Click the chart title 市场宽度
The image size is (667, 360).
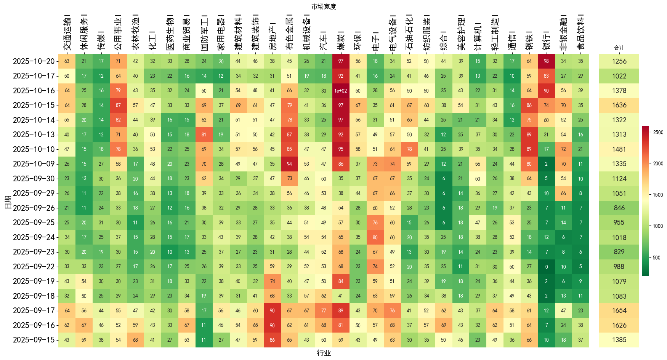coord(324,6)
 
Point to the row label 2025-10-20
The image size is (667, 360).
coord(34,61)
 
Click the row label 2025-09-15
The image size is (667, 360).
coord(34,340)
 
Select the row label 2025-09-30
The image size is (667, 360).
coord(34,179)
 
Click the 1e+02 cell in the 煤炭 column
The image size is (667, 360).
coord(341,91)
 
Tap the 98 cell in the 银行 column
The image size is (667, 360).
coord(546,61)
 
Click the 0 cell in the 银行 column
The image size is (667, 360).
coord(546,267)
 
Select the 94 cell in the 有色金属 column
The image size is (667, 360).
coord(289,164)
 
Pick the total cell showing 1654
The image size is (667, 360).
coord(619,310)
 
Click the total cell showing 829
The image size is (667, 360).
coord(619,252)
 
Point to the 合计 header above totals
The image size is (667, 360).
coord(619,48)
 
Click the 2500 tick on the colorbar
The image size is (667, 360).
coord(658,132)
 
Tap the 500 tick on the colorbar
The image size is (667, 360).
coord(657,258)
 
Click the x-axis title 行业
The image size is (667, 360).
coord(324,353)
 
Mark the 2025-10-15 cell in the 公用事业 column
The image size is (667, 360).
coord(118,105)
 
